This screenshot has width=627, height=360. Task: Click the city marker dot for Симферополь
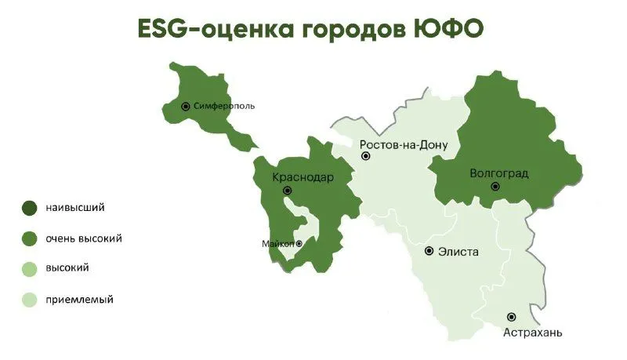click(x=186, y=106)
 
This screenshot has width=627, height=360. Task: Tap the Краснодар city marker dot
click(x=288, y=191)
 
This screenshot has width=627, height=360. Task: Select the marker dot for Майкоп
click(x=299, y=244)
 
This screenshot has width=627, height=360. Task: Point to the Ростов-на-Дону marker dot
click(x=365, y=157)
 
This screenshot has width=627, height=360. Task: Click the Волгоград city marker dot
click(x=495, y=187)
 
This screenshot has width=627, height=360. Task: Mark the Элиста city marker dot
click(x=429, y=251)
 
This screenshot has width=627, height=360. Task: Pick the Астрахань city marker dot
click(x=512, y=317)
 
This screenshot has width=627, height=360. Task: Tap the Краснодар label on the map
click(x=303, y=177)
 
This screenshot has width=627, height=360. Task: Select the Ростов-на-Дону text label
click(x=404, y=145)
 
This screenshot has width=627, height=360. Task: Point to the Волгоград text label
click(x=498, y=173)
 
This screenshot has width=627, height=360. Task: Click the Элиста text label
click(x=458, y=252)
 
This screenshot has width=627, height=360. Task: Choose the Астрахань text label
click(x=532, y=333)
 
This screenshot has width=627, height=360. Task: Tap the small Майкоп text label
click(x=277, y=244)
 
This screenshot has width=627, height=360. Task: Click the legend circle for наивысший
click(x=29, y=209)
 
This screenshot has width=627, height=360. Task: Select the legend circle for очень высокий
click(x=29, y=238)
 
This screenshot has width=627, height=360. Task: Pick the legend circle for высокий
click(x=29, y=269)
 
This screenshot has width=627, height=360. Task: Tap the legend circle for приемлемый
click(x=29, y=300)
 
